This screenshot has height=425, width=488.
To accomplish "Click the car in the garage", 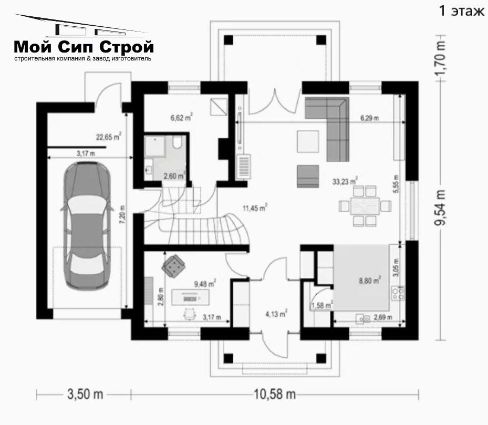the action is tap(87, 226).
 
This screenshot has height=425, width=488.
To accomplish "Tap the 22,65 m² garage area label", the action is tap(108, 137).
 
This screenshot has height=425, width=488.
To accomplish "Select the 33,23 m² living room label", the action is tap(345, 181).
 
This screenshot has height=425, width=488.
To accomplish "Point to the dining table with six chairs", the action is tap(365, 206).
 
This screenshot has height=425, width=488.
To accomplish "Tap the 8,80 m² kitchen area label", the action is tap(370, 281).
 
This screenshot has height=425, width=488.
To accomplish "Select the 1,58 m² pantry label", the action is tap(322, 305).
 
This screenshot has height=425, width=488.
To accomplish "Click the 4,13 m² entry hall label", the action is tap(276, 314).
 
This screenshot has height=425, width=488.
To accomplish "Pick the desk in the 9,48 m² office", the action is tap(190, 297).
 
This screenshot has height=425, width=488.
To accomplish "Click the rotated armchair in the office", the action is tap(173, 266).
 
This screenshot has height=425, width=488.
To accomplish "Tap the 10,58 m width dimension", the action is tap(275, 395).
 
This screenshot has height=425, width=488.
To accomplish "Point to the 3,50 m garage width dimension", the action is tap(85, 395).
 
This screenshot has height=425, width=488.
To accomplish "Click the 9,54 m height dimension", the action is tap(441, 208).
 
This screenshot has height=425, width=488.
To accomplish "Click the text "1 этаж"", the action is tap(462, 11).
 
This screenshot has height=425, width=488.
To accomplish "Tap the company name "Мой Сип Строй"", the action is tap(84, 47).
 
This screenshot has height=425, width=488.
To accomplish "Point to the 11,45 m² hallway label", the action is tap(255, 208).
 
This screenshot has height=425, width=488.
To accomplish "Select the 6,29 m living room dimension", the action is tap(370, 118).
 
